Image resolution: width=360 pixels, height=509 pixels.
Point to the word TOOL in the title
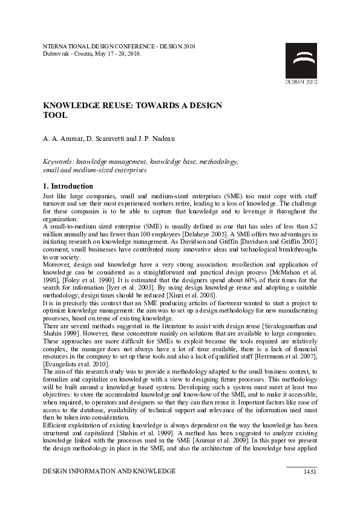click(55, 115)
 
